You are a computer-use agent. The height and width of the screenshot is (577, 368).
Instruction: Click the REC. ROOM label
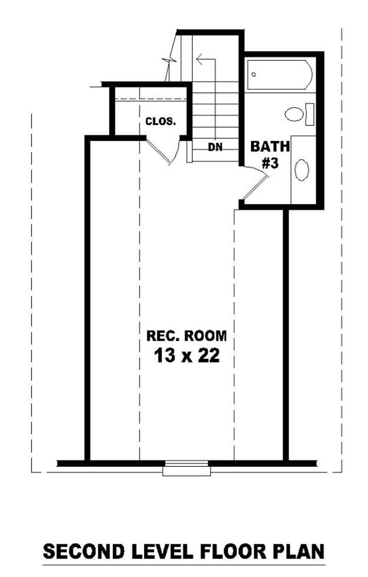tap(187, 336)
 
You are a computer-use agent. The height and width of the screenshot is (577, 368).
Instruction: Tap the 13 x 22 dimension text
tap(187, 356)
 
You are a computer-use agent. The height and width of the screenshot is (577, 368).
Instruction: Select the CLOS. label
tap(160, 122)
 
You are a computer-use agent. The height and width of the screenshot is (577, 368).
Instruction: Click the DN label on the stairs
tap(215, 147)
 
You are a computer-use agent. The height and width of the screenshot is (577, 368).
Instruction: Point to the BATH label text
tap(270, 147)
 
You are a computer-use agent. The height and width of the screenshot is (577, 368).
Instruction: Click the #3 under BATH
tap(270, 163)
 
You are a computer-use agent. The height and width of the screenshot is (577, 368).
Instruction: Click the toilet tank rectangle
tap(310, 114)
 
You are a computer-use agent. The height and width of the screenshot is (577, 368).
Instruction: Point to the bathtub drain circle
tap(253, 74)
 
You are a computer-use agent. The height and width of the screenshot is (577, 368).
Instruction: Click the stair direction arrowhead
tap(199, 59)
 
